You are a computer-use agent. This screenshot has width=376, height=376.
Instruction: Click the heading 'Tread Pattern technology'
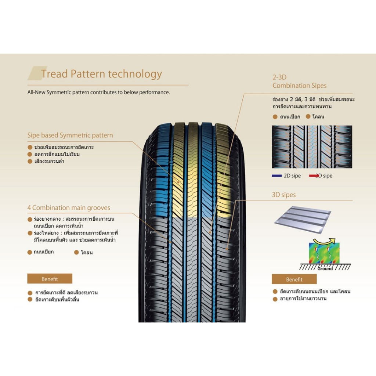[x=101, y=74]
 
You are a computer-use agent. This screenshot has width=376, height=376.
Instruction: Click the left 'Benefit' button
[x=50, y=279]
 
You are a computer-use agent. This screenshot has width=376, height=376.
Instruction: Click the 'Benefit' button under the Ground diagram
[x=294, y=279]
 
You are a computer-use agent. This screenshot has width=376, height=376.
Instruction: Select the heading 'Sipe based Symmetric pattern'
[x=70, y=135]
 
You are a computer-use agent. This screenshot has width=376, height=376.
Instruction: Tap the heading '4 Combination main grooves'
[x=69, y=208]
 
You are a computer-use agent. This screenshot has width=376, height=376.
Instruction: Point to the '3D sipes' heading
[x=283, y=195]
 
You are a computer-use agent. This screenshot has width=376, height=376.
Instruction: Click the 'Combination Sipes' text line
[x=299, y=86]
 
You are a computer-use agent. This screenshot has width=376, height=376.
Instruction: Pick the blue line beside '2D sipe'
[x=276, y=176]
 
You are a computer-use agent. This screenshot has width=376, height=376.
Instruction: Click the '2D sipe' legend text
[x=292, y=176]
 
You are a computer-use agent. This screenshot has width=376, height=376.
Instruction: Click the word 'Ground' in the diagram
[x=325, y=268]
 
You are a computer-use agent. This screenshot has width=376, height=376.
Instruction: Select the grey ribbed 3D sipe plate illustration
[x=302, y=219]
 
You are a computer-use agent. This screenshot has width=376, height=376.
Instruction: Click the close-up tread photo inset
[x=312, y=147]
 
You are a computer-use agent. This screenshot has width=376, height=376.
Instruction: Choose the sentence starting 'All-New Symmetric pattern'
[x=98, y=93]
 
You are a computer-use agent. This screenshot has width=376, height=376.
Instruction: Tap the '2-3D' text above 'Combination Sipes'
[x=279, y=77]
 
